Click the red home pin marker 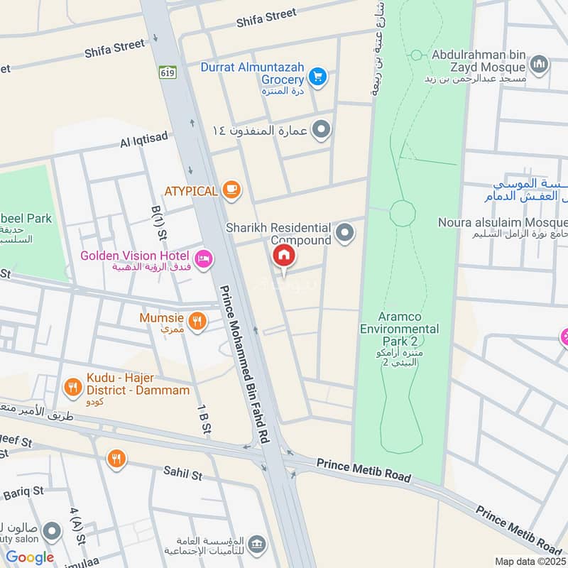coord(283,256)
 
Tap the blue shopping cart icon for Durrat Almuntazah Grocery coord(317,75)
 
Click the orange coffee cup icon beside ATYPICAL coord(231,189)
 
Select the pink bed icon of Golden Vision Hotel coord(204,260)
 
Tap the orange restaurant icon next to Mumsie coord(197,321)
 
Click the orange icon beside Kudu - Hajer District coord(72,387)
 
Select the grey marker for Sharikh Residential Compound coord(345,233)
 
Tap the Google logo coord(30,557)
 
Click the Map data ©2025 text coord(529,561)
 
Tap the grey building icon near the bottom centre coord(257,544)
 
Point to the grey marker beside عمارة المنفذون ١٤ coord(322,129)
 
